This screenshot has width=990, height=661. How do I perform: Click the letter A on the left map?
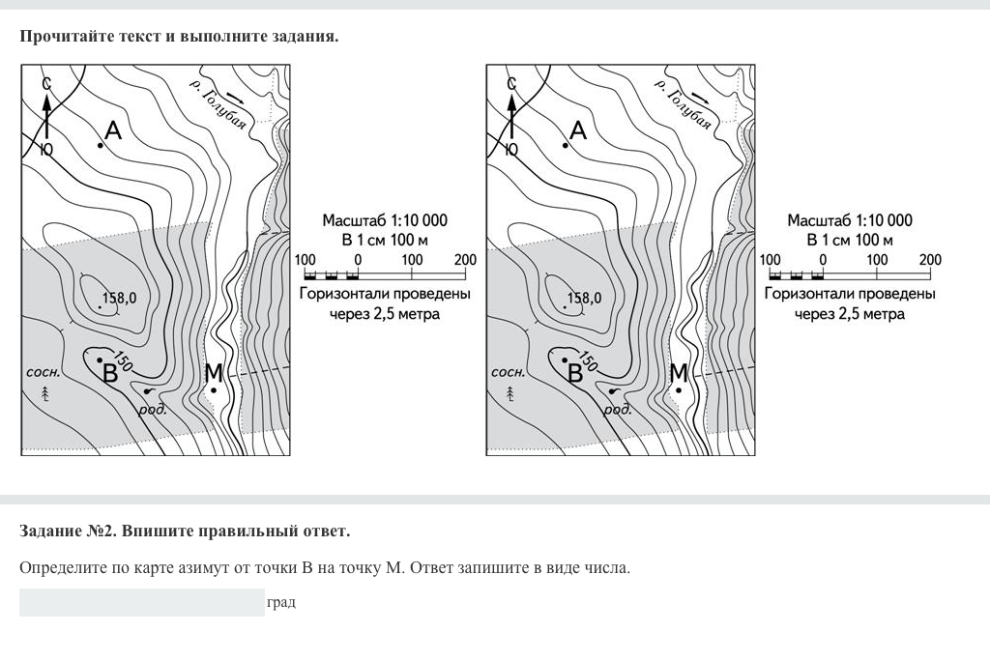(x=113, y=130)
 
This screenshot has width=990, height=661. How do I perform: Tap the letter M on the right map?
(x=679, y=372)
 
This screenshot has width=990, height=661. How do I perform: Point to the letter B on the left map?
(x=110, y=374)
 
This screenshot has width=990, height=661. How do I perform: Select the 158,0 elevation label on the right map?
(x=584, y=298)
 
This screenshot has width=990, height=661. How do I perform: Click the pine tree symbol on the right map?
(x=510, y=394)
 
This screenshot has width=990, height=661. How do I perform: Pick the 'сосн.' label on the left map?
(x=44, y=372)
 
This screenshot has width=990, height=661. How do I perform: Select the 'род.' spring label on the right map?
(x=617, y=410)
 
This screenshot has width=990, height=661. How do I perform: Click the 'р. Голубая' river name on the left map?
(x=218, y=104)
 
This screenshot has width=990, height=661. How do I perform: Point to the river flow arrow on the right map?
(x=700, y=98)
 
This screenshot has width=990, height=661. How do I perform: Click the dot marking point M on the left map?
(x=214, y=390)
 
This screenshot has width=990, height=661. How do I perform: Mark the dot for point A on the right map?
(x=565, y=145)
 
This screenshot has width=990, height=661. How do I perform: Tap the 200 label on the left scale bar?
(x=465, y=260)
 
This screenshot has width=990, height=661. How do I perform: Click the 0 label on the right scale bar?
(x=823, y=260)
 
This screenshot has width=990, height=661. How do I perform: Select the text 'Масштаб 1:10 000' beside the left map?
(x=385, y=220)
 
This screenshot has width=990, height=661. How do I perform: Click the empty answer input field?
(x=142, y=602)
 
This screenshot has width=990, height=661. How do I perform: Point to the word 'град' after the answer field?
(x=281, y=602)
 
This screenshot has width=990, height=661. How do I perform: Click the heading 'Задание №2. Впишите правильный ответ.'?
(x=185, y=531)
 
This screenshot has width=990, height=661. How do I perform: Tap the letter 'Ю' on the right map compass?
(x=510, y=149)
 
